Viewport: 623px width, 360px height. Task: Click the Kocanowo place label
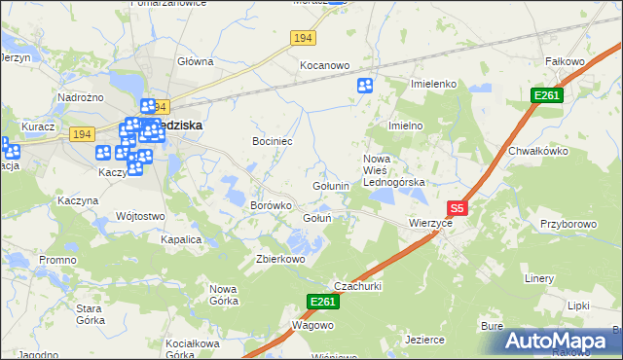[324, 65]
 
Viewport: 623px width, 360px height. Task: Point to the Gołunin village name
[331, 185]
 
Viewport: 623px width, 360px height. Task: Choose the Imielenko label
[434, 84]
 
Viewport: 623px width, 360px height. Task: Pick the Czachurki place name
[357, 286]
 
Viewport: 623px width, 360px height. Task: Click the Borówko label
[272, 205]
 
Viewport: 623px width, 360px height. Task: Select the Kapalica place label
[181, 238]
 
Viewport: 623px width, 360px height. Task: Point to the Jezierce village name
[424, 340]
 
